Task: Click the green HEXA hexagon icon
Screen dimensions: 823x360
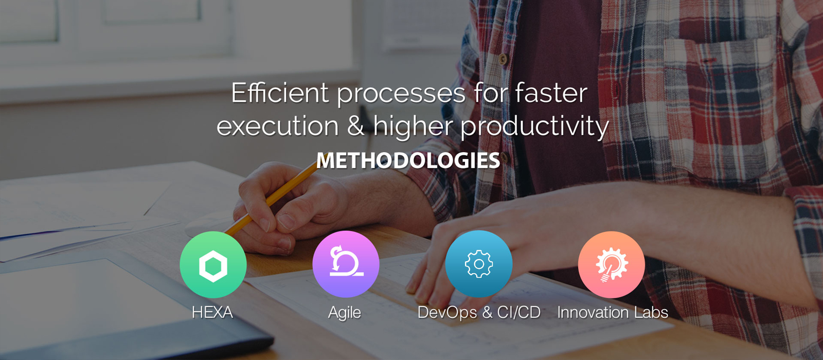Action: [213, 264]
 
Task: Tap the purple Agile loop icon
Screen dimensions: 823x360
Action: [346, 264]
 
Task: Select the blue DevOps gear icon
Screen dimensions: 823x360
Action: [479, 264]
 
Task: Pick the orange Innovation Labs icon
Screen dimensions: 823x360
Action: [612, 264]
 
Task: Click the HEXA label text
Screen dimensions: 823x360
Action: [212, 313]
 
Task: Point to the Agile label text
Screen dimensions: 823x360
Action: [345, 313]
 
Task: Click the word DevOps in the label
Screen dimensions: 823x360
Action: [448, 313]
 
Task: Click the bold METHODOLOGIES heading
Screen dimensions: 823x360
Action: [408, 160]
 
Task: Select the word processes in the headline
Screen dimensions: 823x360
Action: [401, 95]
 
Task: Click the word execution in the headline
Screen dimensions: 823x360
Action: [278, 125]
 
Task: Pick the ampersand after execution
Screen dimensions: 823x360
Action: [355, 125]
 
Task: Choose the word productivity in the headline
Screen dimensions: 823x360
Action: [534, 127]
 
